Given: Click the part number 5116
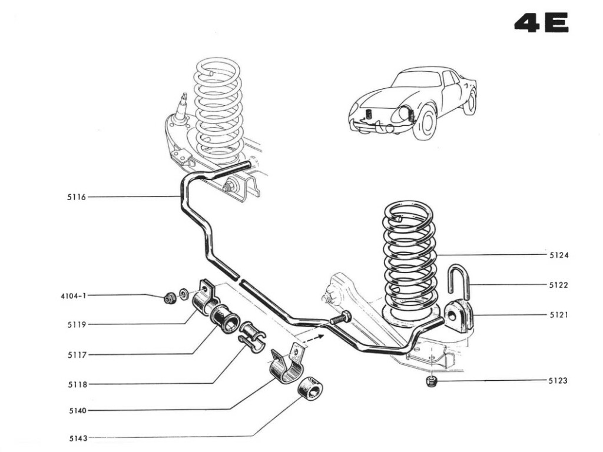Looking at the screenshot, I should click(77, 197).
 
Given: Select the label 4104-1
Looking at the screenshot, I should click(74, 295).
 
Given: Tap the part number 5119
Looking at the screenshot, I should click(77, 324).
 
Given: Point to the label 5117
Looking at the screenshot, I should click(77, 354).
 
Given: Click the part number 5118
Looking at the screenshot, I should click(77, 385).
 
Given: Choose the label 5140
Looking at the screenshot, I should click(77, 410).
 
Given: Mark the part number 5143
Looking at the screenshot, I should click(77, 438).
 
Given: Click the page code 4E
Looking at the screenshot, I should click(541, 23).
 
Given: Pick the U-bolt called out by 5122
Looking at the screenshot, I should click(459, 281).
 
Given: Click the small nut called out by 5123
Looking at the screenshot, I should click(430, 381).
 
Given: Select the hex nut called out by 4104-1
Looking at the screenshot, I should click(170, 298).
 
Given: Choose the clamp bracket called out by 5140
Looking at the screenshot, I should click(287, 365).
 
